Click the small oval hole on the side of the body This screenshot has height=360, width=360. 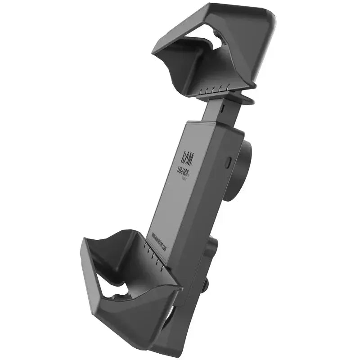tap(228, 161)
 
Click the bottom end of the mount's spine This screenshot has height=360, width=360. tap(169, 346)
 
